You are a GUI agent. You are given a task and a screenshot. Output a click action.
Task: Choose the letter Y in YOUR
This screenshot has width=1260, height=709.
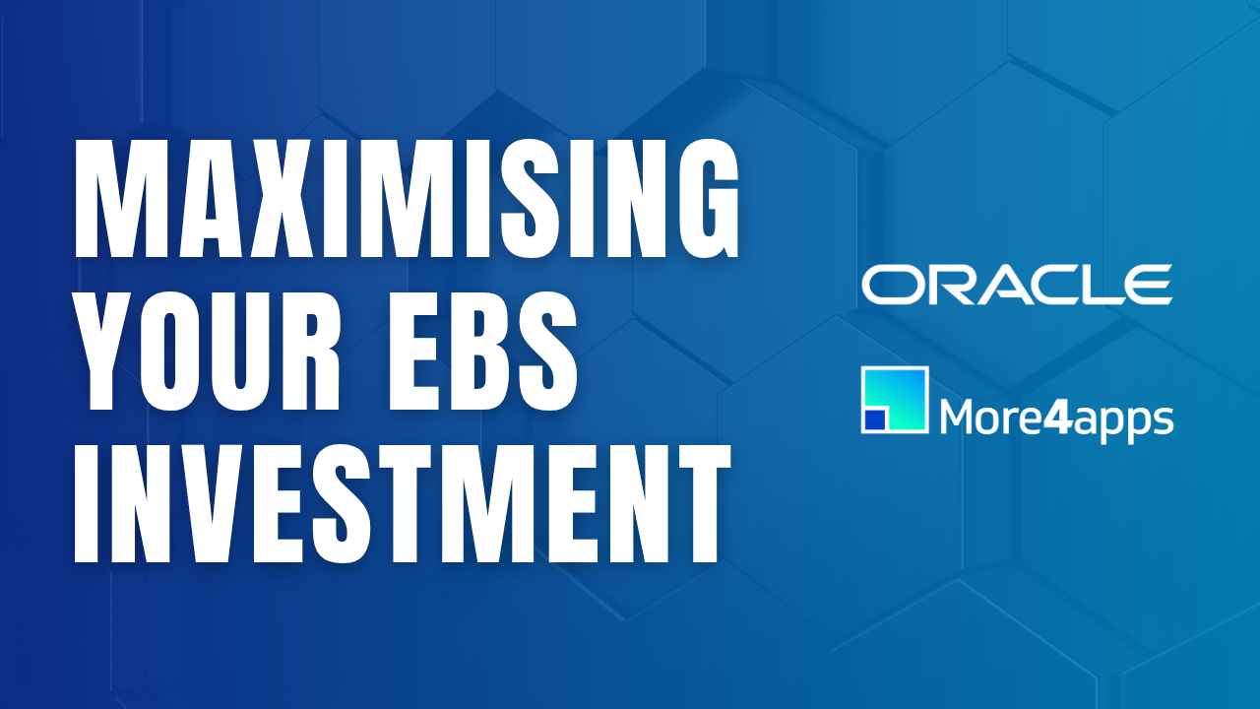click(x=105, y=356)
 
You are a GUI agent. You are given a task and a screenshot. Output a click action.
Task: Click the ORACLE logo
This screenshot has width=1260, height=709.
click(x=1017, y=284)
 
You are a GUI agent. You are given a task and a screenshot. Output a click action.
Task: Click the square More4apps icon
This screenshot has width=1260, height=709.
click(x=895, y=400)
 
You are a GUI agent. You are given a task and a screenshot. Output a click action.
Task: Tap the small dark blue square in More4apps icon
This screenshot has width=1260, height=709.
click(x=873, y=420)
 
